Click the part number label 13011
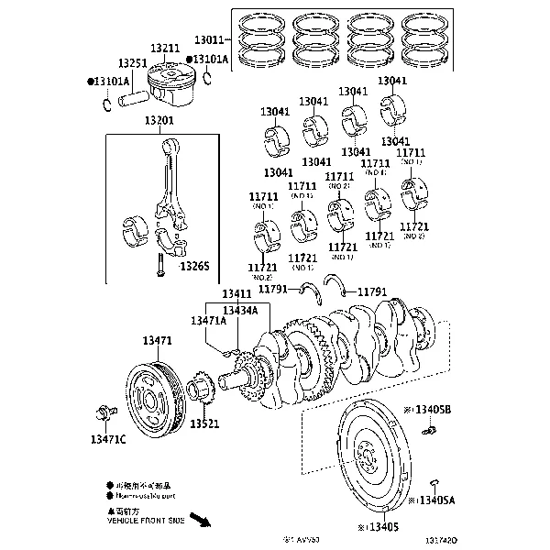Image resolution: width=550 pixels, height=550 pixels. point(208,40)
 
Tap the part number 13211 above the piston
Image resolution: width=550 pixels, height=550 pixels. point(166,48)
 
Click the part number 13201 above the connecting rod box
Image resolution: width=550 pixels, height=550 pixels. point(160,121)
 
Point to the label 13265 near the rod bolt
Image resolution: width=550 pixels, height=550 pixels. point(194,267)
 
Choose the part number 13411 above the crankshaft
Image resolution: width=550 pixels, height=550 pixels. point(236,294)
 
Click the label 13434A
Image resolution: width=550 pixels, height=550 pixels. point(240,311)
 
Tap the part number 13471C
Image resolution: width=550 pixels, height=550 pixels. point(108,440)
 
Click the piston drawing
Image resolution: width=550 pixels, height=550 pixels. point(169,78)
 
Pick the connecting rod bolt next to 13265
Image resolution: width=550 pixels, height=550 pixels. point(159,265)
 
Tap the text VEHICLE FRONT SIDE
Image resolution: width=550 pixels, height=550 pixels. point(147,520)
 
